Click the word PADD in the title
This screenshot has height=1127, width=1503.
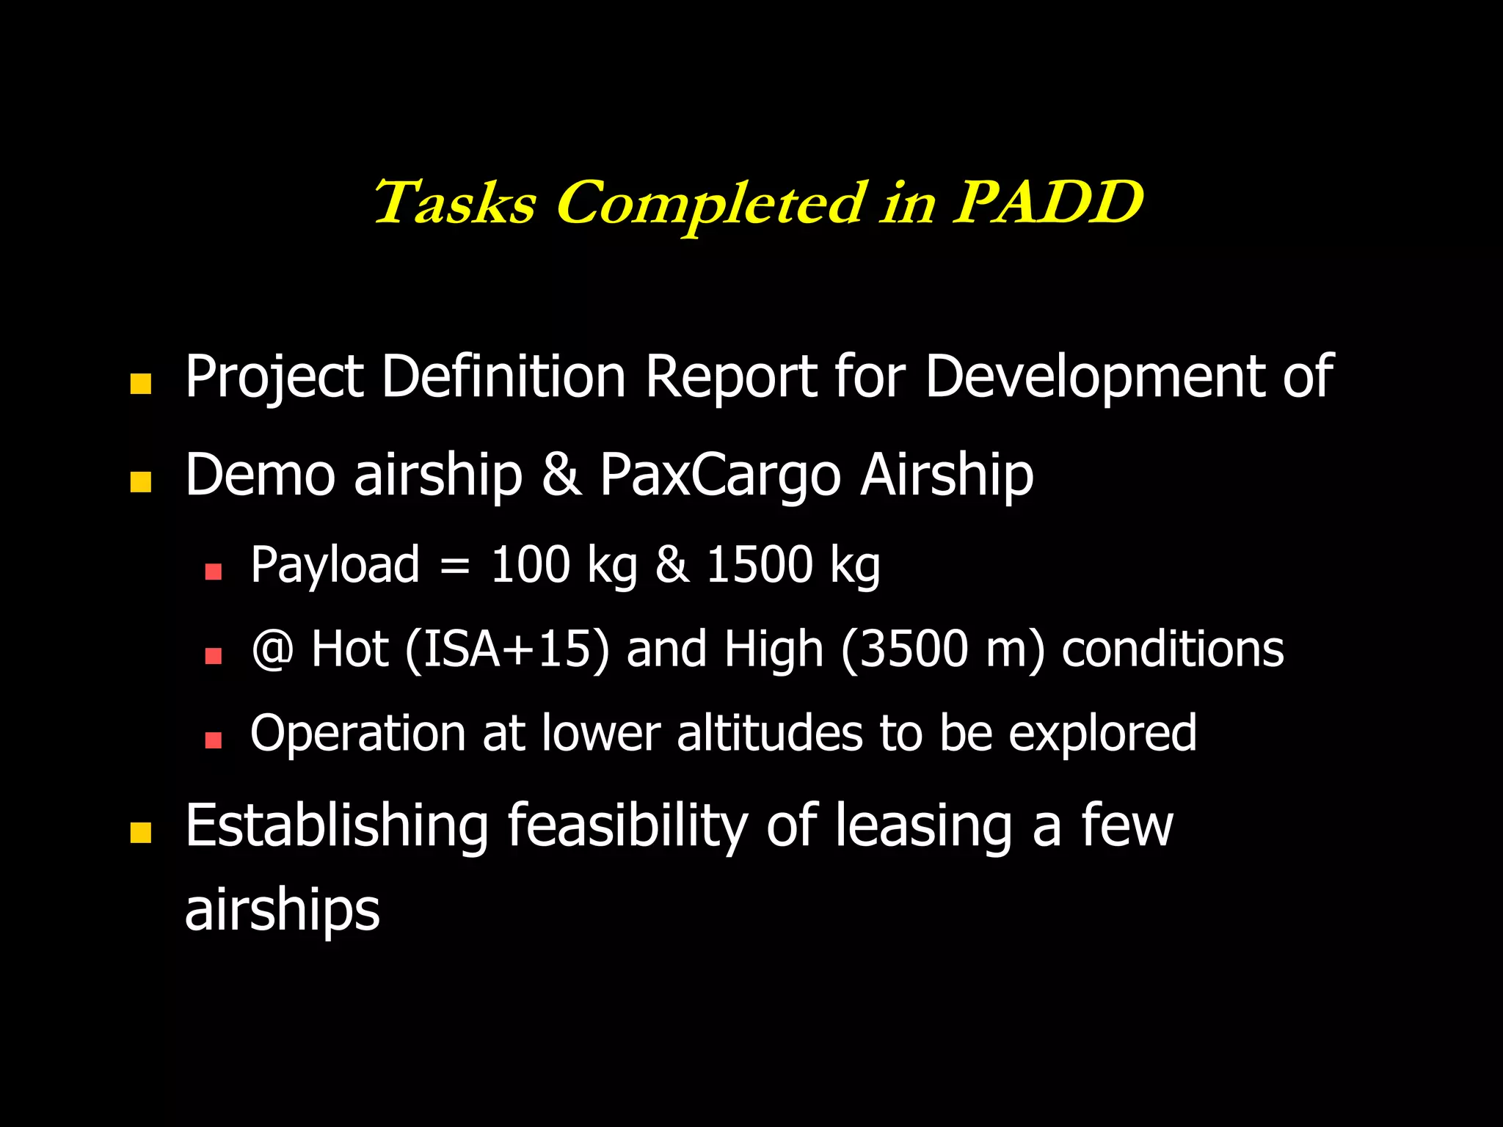point(1048,203)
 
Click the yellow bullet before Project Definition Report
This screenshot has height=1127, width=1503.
point(140,384)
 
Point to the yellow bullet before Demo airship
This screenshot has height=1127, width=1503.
point(140,482)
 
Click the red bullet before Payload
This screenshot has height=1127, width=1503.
point(214,572)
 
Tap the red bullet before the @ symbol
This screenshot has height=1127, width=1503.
point(214,655)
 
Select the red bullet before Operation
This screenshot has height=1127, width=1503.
point(214,740)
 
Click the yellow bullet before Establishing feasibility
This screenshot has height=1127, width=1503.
point(140,833)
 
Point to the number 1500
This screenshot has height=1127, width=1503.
point(759,565)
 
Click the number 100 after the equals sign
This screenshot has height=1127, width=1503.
point(530,565)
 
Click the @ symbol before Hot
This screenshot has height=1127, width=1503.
point(272,650)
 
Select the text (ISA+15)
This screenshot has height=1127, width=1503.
point(506,650)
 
